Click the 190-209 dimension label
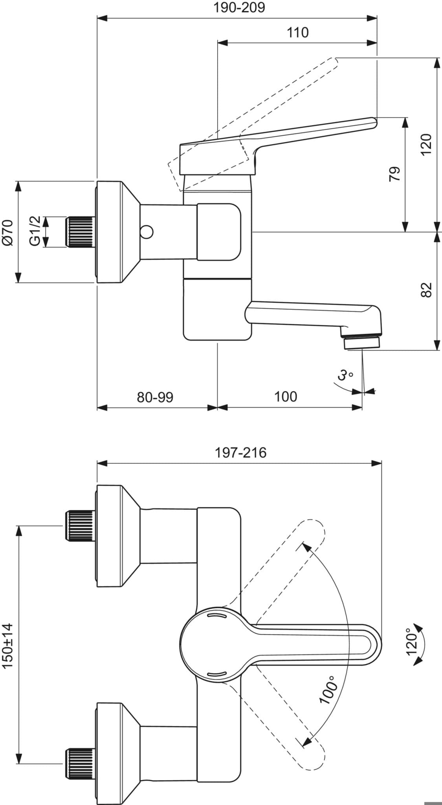click(x=239, y=7)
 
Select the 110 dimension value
click(x=297, y=32)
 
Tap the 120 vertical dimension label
click(x=426, y=145)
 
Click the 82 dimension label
click(x=426, y=290)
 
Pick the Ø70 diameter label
click(x=8, y=232)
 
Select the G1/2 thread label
click(x=35, y=231)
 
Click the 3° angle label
click(x=345, y=376)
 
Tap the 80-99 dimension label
click(x=155, y=397)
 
